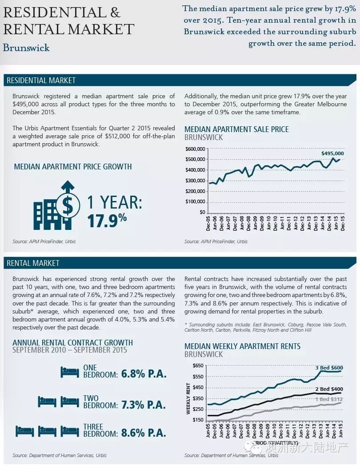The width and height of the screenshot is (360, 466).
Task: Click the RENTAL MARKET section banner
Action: [33, 263]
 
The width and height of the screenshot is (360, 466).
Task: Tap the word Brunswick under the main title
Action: [26, 48]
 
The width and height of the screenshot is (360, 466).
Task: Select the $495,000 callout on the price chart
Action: [332, 153]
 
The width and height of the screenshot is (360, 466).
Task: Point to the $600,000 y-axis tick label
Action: [195, 149]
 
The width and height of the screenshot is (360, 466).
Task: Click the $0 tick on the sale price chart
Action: [202, 212]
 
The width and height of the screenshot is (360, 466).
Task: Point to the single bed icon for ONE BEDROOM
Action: [69, 372]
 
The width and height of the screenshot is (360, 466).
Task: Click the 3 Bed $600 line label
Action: [329, 368]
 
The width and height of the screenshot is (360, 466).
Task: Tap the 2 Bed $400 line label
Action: [328, 389]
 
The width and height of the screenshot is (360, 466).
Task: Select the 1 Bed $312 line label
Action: [328, 399]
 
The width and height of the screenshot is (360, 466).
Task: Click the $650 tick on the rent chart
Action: [198, 366]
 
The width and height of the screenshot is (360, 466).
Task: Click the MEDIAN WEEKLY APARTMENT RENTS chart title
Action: [242, 346]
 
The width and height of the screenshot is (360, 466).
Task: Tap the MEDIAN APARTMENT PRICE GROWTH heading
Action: [73, 167]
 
